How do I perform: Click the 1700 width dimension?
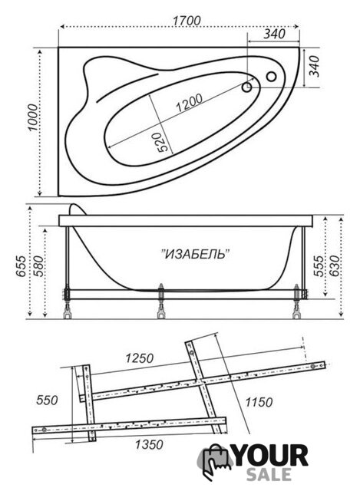(x=187, y=21)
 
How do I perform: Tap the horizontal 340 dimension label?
(x=274, y=34)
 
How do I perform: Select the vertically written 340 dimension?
(x=314, y=66)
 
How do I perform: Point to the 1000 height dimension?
(x=32, y=117)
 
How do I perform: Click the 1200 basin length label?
(x=189, y=103)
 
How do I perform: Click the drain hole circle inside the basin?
(x=247, y=87)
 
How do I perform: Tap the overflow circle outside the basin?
(x=271, y=76)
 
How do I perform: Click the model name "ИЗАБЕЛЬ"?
(x=196, y=254)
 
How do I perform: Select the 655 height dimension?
(x=21, y=266)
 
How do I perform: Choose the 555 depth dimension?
(x=319, y=266)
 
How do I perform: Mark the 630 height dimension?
(x=334, y=266)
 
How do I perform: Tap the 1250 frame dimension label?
(x=140, y=358)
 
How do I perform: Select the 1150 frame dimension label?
(x=259, y=402)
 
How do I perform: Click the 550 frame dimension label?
(x=47, y=400)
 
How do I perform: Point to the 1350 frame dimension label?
(x=149, y=444)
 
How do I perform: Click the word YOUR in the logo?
(x=271, y=456)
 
